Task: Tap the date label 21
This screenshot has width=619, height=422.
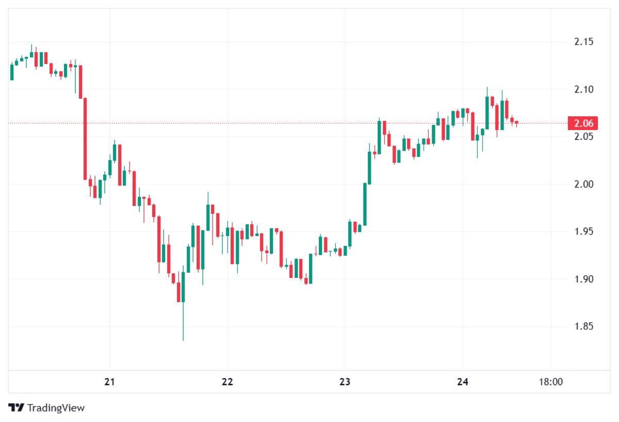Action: (x=109, y=382)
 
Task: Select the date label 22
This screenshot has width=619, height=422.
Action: (x=227, y=382)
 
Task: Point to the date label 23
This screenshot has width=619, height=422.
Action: (x=345, y=382)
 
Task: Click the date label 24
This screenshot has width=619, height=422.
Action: (x=462, y=382)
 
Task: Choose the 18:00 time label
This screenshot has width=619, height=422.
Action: (x=550, y=382)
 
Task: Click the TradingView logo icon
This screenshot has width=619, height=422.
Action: (x=17, y=408)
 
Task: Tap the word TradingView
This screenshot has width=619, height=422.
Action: (x=56, y=408)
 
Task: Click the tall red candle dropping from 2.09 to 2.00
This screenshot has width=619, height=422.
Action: (x=85, y=138)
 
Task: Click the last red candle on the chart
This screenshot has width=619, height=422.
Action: (x=516, y=122)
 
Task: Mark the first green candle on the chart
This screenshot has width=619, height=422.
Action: (x=12, y=72)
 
